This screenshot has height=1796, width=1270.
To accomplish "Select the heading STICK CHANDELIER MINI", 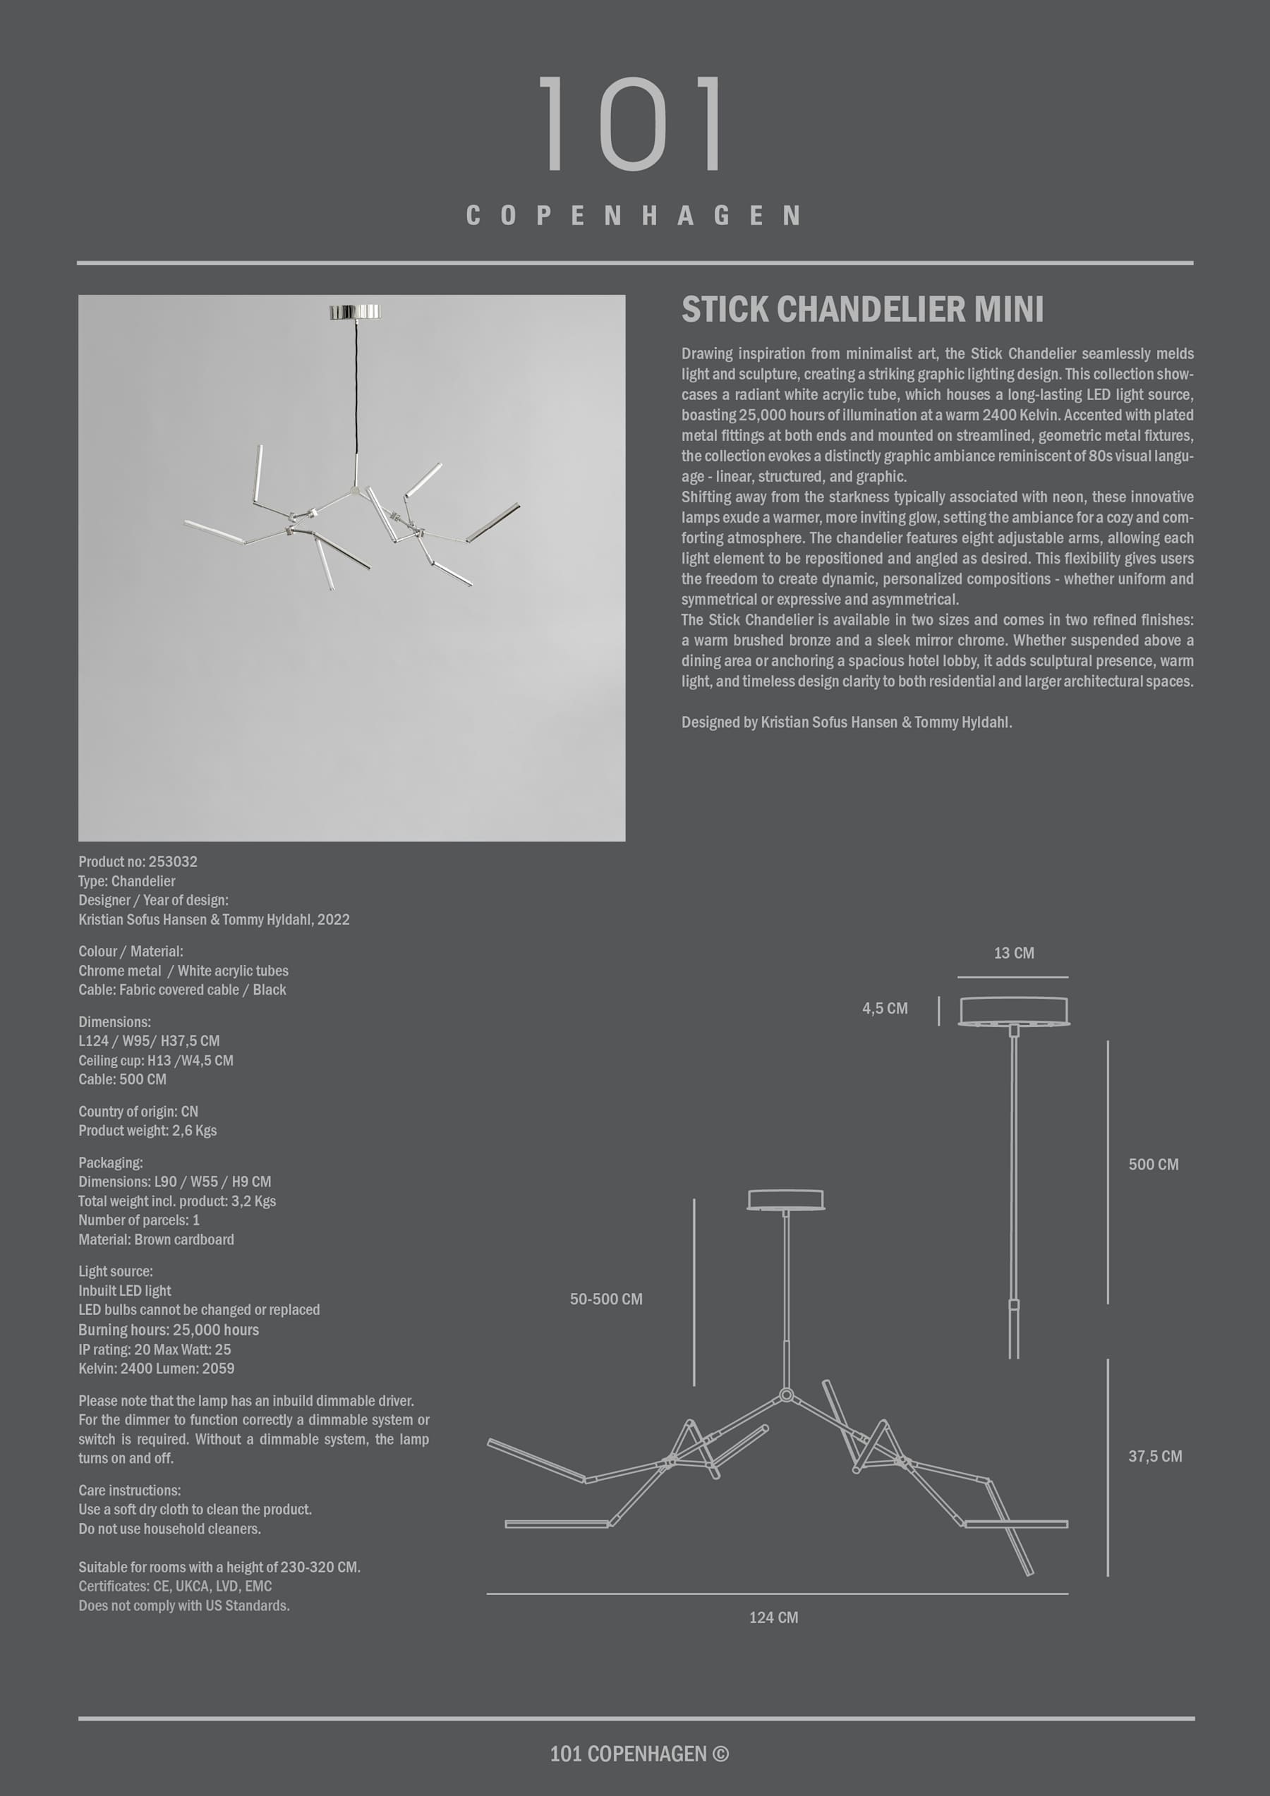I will (x=861, y=310).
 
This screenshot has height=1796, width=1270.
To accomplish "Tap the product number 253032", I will (x=172, y=861).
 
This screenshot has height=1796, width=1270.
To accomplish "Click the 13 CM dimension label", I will (x=1013, y=953).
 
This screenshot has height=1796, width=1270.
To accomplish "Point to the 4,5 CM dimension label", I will (x=884, y=1008).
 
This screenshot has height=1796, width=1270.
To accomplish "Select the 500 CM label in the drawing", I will (x=1153, y=1164).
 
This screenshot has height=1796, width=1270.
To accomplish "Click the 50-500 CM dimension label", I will (x=605, y=1299).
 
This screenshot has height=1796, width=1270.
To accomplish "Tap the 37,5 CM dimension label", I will (x=1154, y=1456).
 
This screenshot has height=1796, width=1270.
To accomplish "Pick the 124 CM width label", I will (x=773, y=1617).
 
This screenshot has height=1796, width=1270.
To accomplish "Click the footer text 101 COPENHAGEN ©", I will (x=639, y=1754).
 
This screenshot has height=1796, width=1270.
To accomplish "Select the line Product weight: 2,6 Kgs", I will (x=147, y=1130).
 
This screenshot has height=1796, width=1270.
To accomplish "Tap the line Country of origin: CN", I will (x=138, y=1111).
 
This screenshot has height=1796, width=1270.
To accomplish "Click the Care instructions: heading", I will (x=129, y=1490).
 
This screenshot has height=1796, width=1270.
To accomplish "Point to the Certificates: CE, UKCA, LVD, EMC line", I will (x=174, y=1586).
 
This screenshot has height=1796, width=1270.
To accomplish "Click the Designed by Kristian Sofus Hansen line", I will (x=846, y=722).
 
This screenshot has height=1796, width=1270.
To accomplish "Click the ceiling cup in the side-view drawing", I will (x=1013, y=1010).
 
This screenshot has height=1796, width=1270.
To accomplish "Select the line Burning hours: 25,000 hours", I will (x=168, y=1329).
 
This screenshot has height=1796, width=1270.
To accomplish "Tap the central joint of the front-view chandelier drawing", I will (x=787, y=1395).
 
